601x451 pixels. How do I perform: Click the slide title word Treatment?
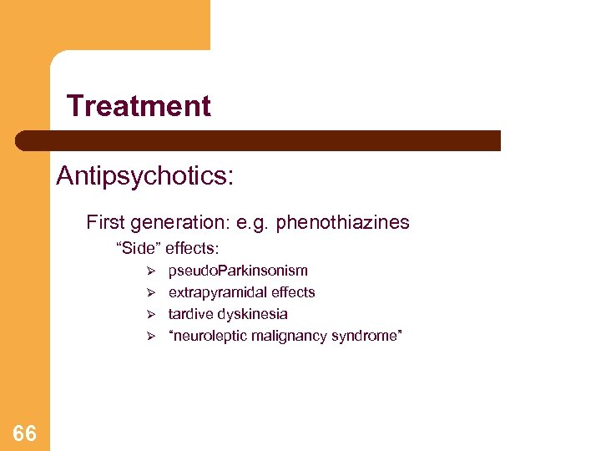point(139,106)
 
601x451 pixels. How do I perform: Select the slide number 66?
point(25,433)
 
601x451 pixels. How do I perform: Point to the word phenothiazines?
point(343,222)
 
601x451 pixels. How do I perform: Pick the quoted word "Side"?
point(138,248)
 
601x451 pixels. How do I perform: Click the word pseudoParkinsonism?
point(238,271)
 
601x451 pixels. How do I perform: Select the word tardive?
point(189,314)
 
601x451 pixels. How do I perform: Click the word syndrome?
point(367,336)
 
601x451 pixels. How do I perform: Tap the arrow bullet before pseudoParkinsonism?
point(151,271)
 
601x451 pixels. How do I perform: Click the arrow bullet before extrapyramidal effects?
point(151,292)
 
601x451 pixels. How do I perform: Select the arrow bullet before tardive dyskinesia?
point(151,314)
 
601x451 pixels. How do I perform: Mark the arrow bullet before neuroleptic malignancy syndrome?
point(151,336)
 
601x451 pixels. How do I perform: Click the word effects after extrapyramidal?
point(294,292)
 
